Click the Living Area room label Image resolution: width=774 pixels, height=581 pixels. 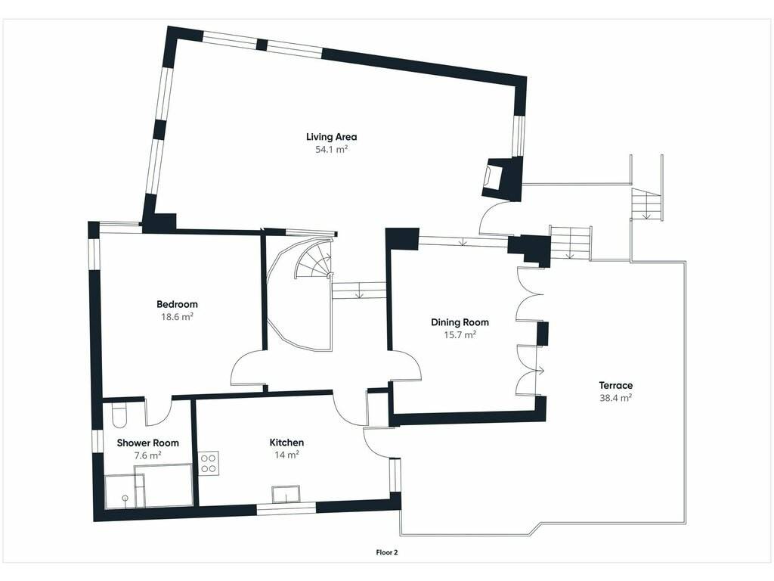(x=331, y=137)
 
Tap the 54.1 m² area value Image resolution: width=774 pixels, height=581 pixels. (x=332, y=149)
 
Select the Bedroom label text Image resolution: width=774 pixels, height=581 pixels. (x=177, y=304)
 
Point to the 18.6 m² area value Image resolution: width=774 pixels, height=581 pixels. (x=177, y=317)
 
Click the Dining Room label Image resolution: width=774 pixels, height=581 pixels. (x=460, y=322)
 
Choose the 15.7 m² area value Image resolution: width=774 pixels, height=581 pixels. (x=460, y=335)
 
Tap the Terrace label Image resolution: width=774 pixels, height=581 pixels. (x=615, y=385)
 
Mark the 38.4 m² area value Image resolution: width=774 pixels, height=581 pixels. (x=615, y=398)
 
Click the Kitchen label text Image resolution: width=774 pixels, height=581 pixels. (x=286, y=443)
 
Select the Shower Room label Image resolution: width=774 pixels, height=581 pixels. (x=147, y=443)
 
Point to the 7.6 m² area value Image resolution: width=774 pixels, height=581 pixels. (x=148, y=455)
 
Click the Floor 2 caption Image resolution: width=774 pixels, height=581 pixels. (x=386, y=553)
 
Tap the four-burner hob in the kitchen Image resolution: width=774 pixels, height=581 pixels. (x=209, y=464)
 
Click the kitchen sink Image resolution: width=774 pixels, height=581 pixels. (x=286, y=495)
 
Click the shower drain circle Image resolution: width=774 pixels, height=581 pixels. (x=125, y=498)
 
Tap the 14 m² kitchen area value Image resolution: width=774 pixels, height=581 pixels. (x=286, y=455)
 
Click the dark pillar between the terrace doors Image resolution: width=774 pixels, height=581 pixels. (x=543, y=334)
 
